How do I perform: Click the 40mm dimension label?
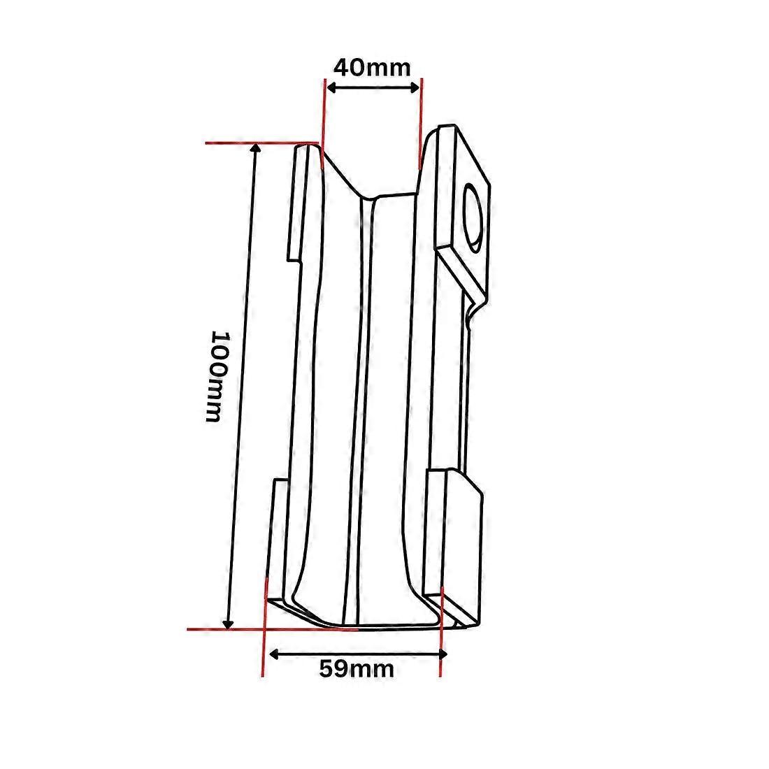(x=372, y=67)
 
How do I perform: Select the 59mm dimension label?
(x=357, y=668)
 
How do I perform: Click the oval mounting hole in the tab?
(x=473, y=217)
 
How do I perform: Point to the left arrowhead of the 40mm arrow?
(x=331, y=88)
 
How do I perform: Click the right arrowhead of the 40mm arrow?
(x=415, y=87)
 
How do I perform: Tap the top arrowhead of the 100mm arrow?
(x=255, y=148)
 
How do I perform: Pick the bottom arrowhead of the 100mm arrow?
(x=228, y=624)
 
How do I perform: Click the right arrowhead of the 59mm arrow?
(x=443, y=654)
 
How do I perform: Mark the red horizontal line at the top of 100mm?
(x=262, y=143)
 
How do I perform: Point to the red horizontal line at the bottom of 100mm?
(x=273, y=629)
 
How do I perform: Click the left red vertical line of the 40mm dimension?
(x=324, y=124)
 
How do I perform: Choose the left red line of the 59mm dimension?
(x=264, y=627)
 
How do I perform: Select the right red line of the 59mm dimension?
(x=441, y=632)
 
